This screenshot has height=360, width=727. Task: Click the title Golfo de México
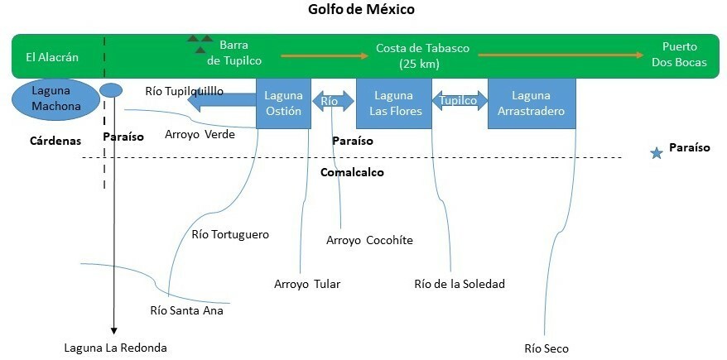(363, 10)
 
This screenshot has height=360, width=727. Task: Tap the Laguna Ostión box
(283, 103)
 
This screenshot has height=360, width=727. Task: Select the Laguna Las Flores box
(393, 103)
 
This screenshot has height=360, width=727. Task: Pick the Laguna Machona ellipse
(54, 98)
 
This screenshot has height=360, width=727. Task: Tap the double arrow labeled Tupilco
(460, 101)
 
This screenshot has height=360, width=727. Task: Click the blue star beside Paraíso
(657, 153)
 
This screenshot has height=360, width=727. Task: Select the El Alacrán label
(52, 57)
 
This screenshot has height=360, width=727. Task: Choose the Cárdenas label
(51, 141)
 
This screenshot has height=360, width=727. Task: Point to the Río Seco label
(546, 348)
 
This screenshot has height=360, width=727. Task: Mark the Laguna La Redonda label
(115, 348)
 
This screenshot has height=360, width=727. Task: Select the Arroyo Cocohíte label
(369, 240)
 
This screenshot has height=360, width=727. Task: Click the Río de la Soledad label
(459, 284)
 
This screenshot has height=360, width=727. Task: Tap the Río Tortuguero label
(230, 234)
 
